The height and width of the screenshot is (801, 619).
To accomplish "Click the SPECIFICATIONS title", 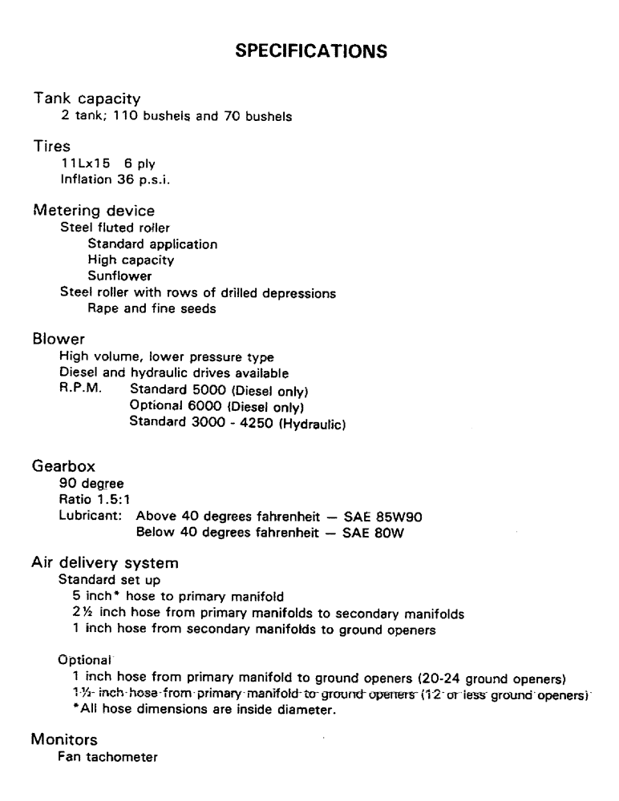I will [309, 51].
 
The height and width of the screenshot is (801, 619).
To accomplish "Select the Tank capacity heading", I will [87, 100].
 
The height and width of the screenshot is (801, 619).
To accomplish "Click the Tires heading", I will [51, 148].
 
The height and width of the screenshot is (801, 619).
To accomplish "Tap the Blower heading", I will [56, 342].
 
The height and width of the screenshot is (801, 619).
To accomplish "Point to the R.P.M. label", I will [79, 390].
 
